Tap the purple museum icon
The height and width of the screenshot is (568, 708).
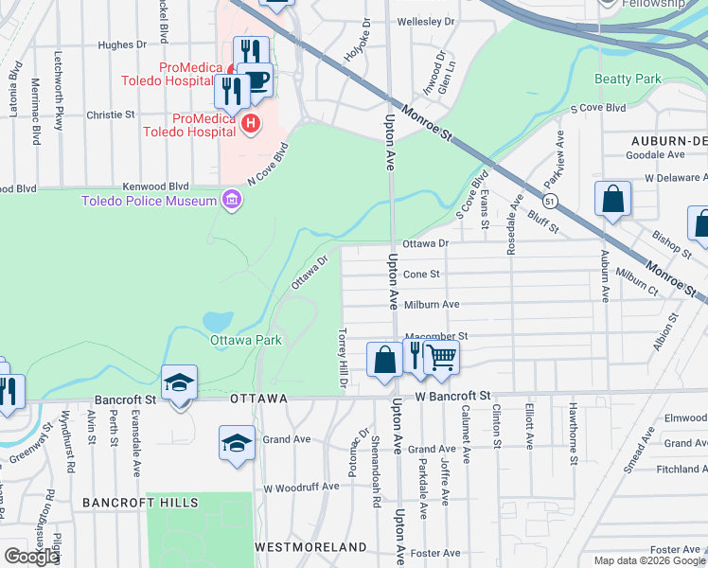(230, 199)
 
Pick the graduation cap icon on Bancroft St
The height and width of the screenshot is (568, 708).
(179, 382)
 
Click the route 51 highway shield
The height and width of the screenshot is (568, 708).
(549, 200)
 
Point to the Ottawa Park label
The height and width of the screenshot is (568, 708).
(246, 339)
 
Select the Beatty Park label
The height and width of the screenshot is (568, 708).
(627, 79)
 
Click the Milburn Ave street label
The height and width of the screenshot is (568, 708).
(432, 304)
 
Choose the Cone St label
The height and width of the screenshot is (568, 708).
(422, 274)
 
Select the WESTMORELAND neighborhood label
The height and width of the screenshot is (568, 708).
(310, 547)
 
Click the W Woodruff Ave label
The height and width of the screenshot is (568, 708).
(301, 487)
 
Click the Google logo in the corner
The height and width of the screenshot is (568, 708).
(31, 557)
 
